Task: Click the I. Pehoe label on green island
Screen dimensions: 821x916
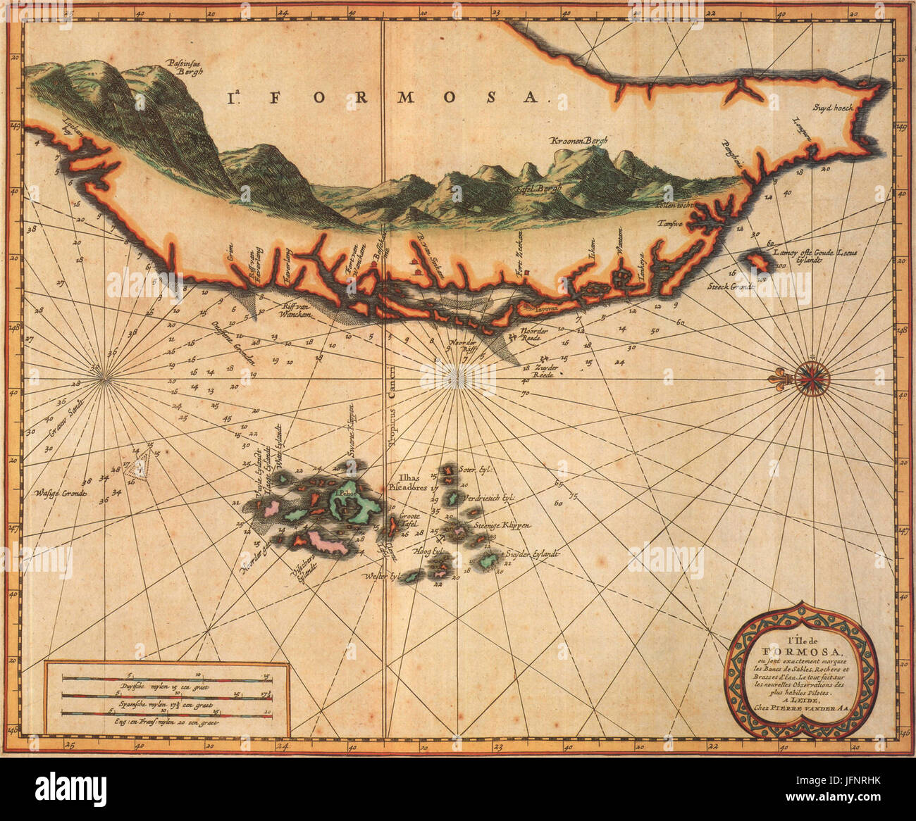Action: click(x=346, y=494)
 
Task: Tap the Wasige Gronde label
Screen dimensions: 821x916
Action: click(x=60, y=494)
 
